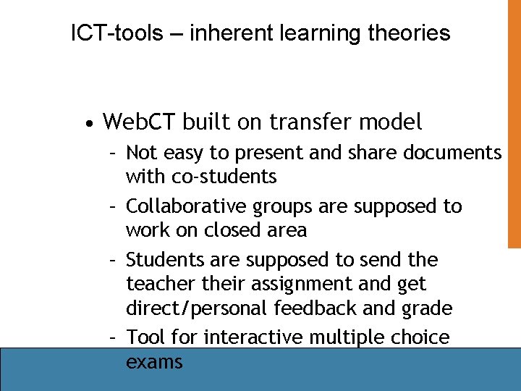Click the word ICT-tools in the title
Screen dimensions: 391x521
(117, 33)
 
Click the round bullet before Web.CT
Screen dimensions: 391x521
(88, 124)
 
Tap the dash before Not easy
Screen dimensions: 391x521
(113, 153)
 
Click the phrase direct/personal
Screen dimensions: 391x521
(198, 308)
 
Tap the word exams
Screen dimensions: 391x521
(154, 361)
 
